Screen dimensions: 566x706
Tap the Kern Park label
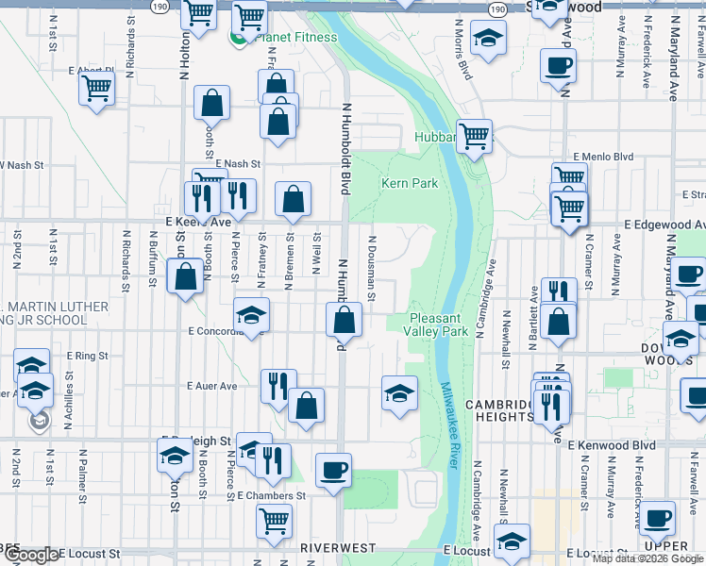pos(410,183)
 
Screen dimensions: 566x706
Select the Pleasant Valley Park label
pos(436,325)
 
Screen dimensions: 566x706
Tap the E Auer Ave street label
pos(211,386)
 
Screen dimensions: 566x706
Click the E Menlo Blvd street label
pos(602,157)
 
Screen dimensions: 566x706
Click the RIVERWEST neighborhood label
pos(339,547)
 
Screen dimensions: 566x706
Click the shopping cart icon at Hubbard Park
pos(474,136)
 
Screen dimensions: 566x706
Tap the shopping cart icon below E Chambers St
pos(275,520)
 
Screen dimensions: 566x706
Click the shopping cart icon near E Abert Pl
pos(97,90)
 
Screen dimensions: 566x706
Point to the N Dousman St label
pos(372,269)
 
